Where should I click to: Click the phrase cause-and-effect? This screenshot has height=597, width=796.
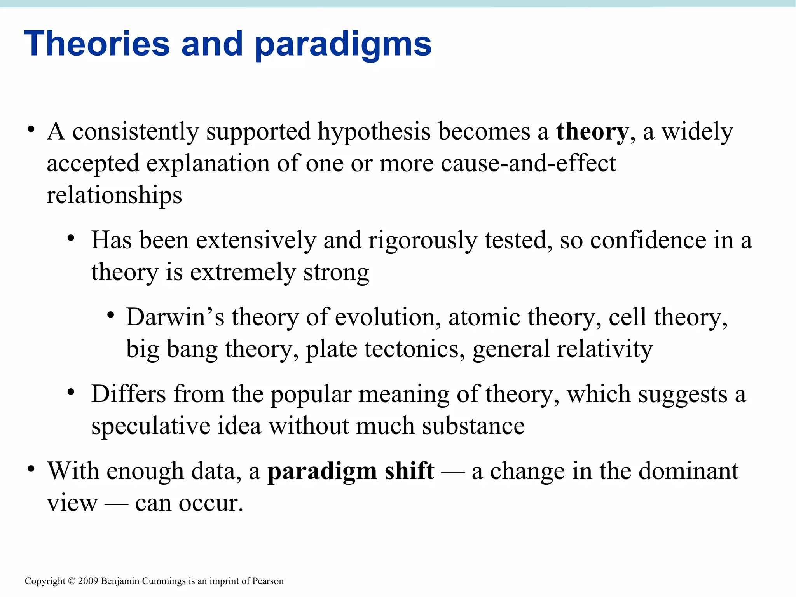529,163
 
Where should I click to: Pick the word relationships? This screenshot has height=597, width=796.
114,195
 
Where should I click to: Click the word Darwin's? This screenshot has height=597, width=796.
175,317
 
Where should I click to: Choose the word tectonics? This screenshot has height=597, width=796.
414,349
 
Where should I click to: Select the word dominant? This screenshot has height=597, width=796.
688,471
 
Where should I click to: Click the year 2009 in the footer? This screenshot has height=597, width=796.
89,581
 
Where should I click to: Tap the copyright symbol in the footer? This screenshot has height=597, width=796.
72,581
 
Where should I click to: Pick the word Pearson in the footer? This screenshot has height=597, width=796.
268,581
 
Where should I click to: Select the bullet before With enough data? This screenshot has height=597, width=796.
31,469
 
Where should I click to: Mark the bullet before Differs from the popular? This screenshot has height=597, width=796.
70,392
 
